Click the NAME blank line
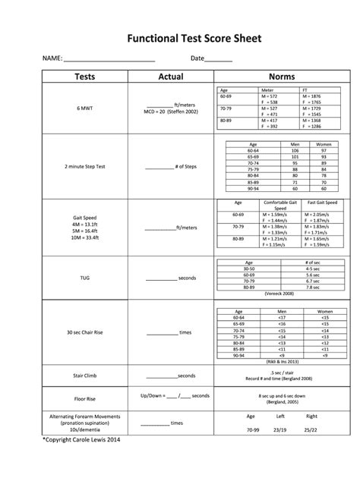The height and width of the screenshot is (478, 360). coord(110,59)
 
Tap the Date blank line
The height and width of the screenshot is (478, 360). coord(219,59)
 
